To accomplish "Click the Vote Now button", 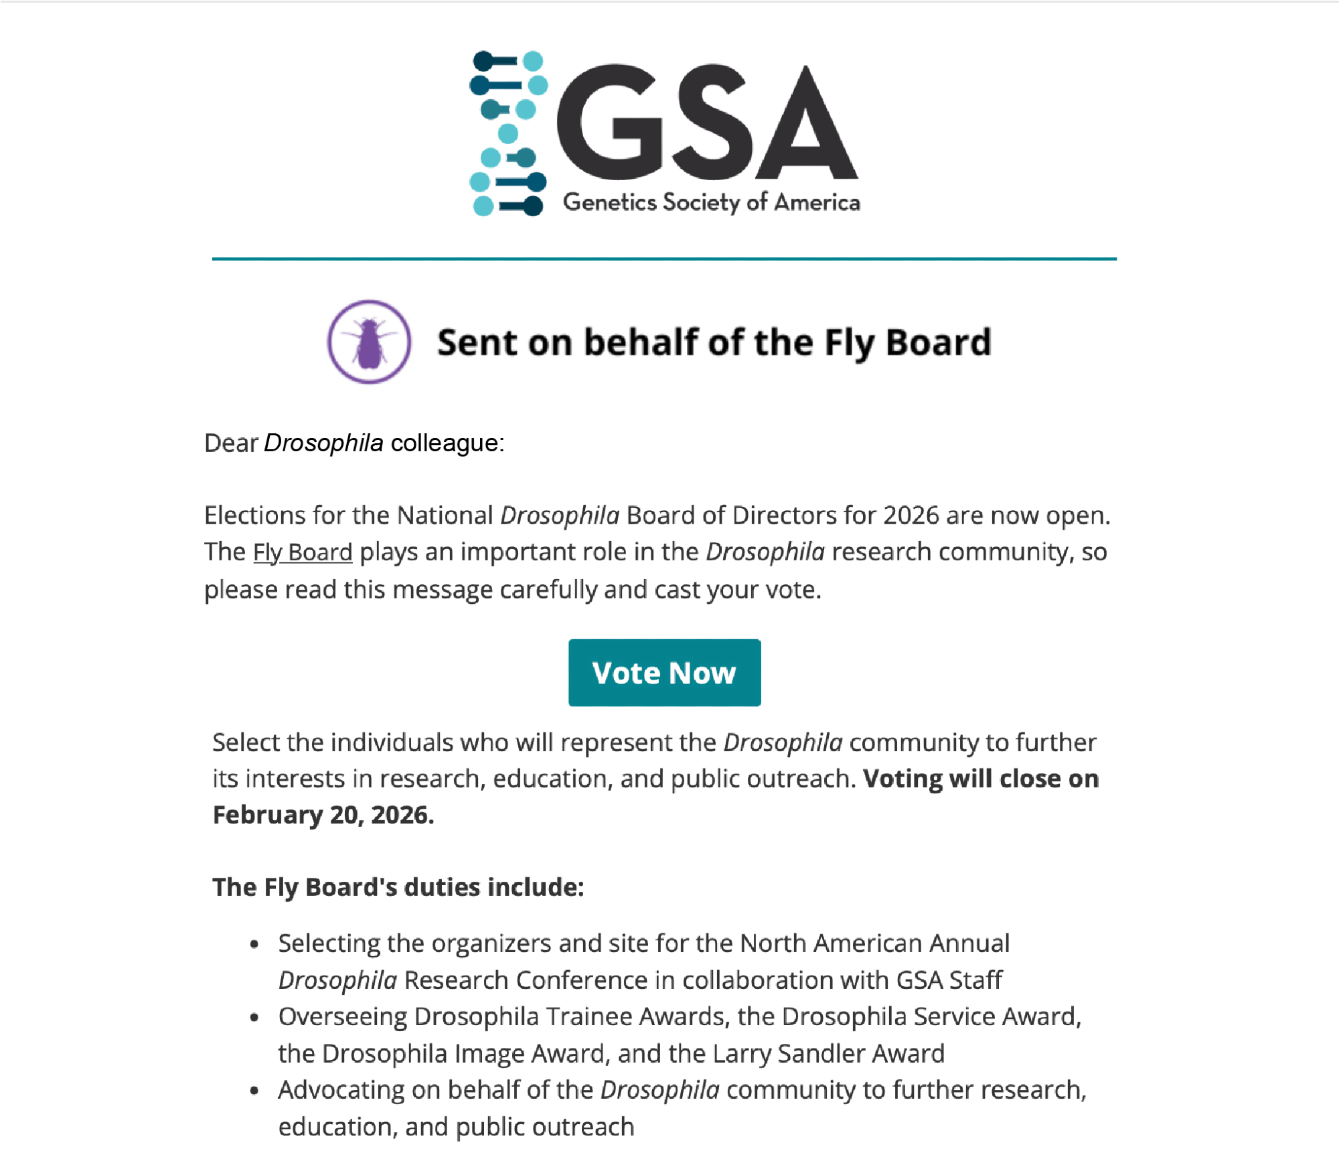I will (x=664, y=672).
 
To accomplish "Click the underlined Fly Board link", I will (x=303, y=552).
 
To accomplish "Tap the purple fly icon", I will (x=369, y=342).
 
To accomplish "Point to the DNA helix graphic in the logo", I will (x=508, y=133).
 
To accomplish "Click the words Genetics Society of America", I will (x=711, y=202).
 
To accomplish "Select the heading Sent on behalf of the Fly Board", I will (x=714, y=342).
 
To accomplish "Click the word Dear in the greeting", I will (x=231, y=443).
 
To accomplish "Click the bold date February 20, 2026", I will (x=323, y=815).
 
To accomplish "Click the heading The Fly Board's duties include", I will (x=398, y=887).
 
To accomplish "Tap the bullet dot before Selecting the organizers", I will (x=254, y=945).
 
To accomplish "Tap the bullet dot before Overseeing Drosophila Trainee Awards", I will (x=254, y=1018).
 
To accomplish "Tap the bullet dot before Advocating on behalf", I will (x=254, y=1091).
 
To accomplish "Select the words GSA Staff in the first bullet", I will (x=949, y=980).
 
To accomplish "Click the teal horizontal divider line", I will (x=664, y=258).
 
